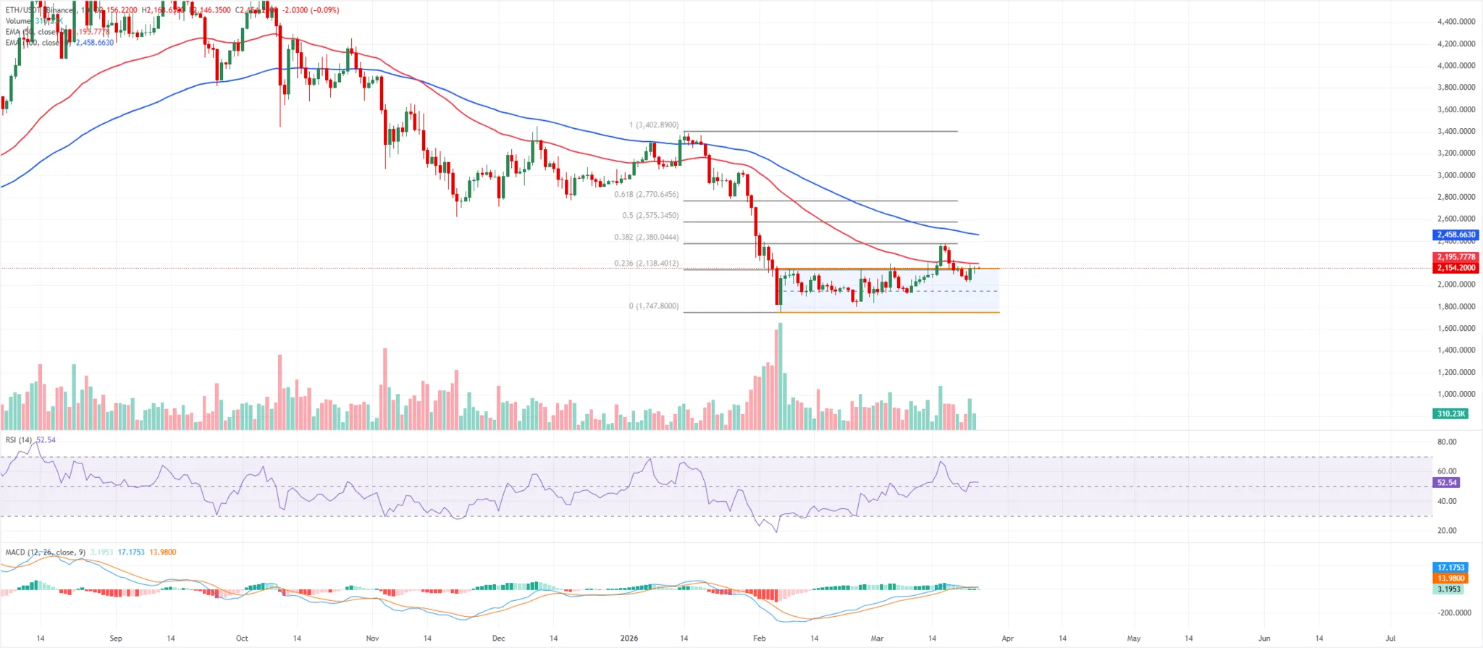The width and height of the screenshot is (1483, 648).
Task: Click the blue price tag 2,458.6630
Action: point(1455,235)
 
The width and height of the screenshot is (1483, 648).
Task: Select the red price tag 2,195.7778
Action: point(1455,257)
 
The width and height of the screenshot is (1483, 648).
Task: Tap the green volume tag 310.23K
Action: point(1450,413)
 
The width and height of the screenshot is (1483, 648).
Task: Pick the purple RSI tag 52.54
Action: point(1447,482)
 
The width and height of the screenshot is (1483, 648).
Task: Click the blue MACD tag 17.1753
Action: point(1450,568)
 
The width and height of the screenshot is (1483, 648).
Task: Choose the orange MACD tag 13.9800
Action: point(1450,578)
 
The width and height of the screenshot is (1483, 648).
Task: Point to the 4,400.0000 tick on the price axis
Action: point(1455,22)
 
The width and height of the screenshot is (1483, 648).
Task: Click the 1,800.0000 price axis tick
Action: point(1455,306)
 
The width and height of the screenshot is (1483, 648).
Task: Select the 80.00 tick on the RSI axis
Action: point(1447,442)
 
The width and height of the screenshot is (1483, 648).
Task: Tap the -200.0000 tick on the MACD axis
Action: point(1454,613)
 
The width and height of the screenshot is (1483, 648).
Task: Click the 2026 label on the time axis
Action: point(629,639)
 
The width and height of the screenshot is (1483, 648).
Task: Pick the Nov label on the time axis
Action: point(372,639)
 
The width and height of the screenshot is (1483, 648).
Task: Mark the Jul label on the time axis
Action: point(1390,639)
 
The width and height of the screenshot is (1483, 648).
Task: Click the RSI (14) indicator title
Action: point(19,440)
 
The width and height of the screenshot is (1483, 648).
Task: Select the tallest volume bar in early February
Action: point(780,376)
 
